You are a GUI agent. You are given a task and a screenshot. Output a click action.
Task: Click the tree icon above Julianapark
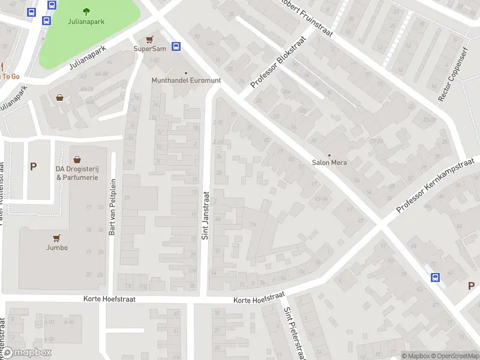[x=87, y=11]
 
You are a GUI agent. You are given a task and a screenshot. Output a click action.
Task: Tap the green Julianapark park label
[x=87, y=22]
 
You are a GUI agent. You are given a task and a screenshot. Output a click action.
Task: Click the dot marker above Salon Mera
[x=329, y=155]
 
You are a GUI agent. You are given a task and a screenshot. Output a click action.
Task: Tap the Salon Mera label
[x=329, y=163]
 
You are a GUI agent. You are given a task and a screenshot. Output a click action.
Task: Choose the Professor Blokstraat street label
[x=278, y=62]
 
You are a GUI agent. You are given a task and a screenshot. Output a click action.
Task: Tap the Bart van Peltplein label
[x=112, y=207]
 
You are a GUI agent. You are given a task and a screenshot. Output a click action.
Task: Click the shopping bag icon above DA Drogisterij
[x=77, y=160]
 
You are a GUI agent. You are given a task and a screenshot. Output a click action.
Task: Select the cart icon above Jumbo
[x=57, y=238]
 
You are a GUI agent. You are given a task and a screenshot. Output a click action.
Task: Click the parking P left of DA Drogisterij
[x=33, y=167]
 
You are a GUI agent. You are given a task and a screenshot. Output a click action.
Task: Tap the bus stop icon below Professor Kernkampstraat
[x=435, y=277]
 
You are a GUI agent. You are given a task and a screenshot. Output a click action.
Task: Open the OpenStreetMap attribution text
[x=457, y=356]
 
